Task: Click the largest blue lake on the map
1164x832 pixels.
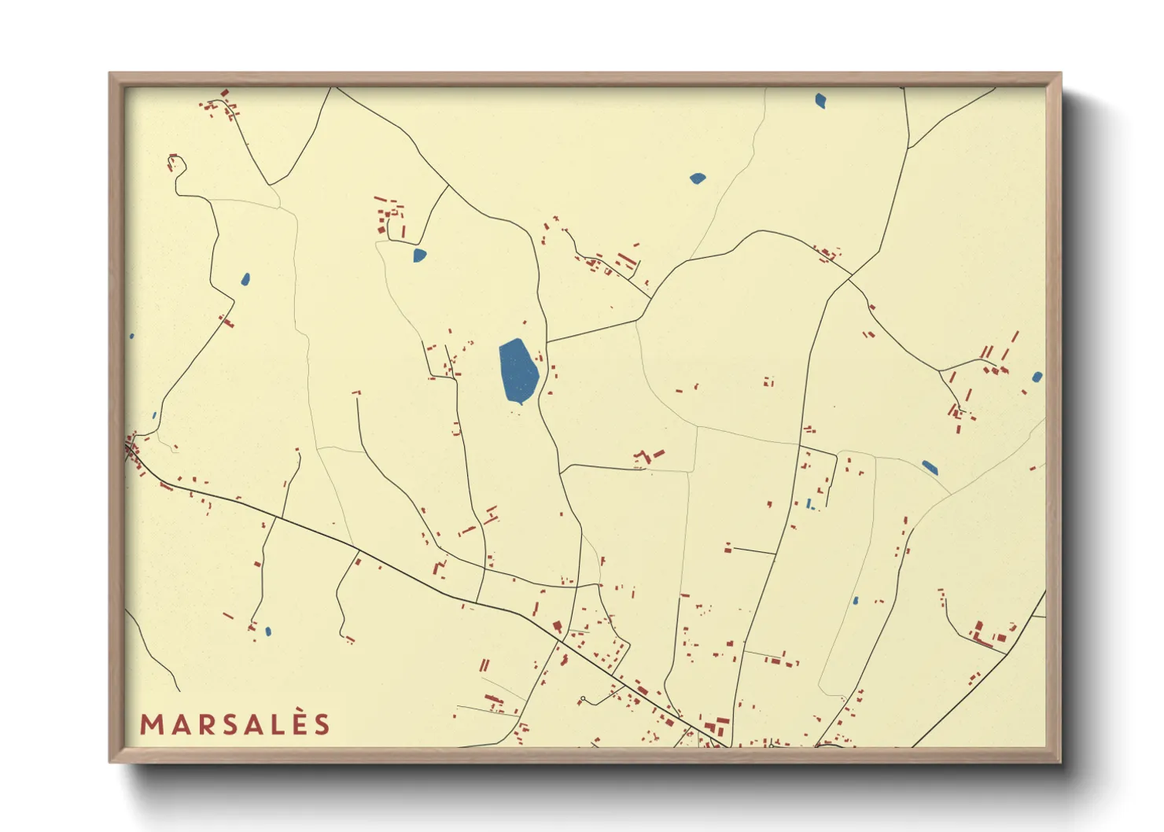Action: (518, 370)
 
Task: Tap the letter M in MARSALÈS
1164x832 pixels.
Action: (152, 725)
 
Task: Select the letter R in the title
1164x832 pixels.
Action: (206, 725)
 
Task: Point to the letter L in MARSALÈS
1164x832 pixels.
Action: (278, 725)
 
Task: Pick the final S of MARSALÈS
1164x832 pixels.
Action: (322, 725)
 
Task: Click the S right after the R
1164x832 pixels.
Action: (230, 725)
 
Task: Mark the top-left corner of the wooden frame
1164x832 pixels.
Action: (110, 74)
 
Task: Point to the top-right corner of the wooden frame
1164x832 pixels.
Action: (1060, 74)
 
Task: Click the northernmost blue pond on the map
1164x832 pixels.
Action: (820, 101)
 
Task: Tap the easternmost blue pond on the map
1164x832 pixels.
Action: (1037, 377)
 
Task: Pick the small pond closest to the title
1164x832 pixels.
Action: (268, 631)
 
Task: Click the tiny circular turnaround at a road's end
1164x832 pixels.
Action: (583, 699)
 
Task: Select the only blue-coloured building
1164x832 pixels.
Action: (809, 503)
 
